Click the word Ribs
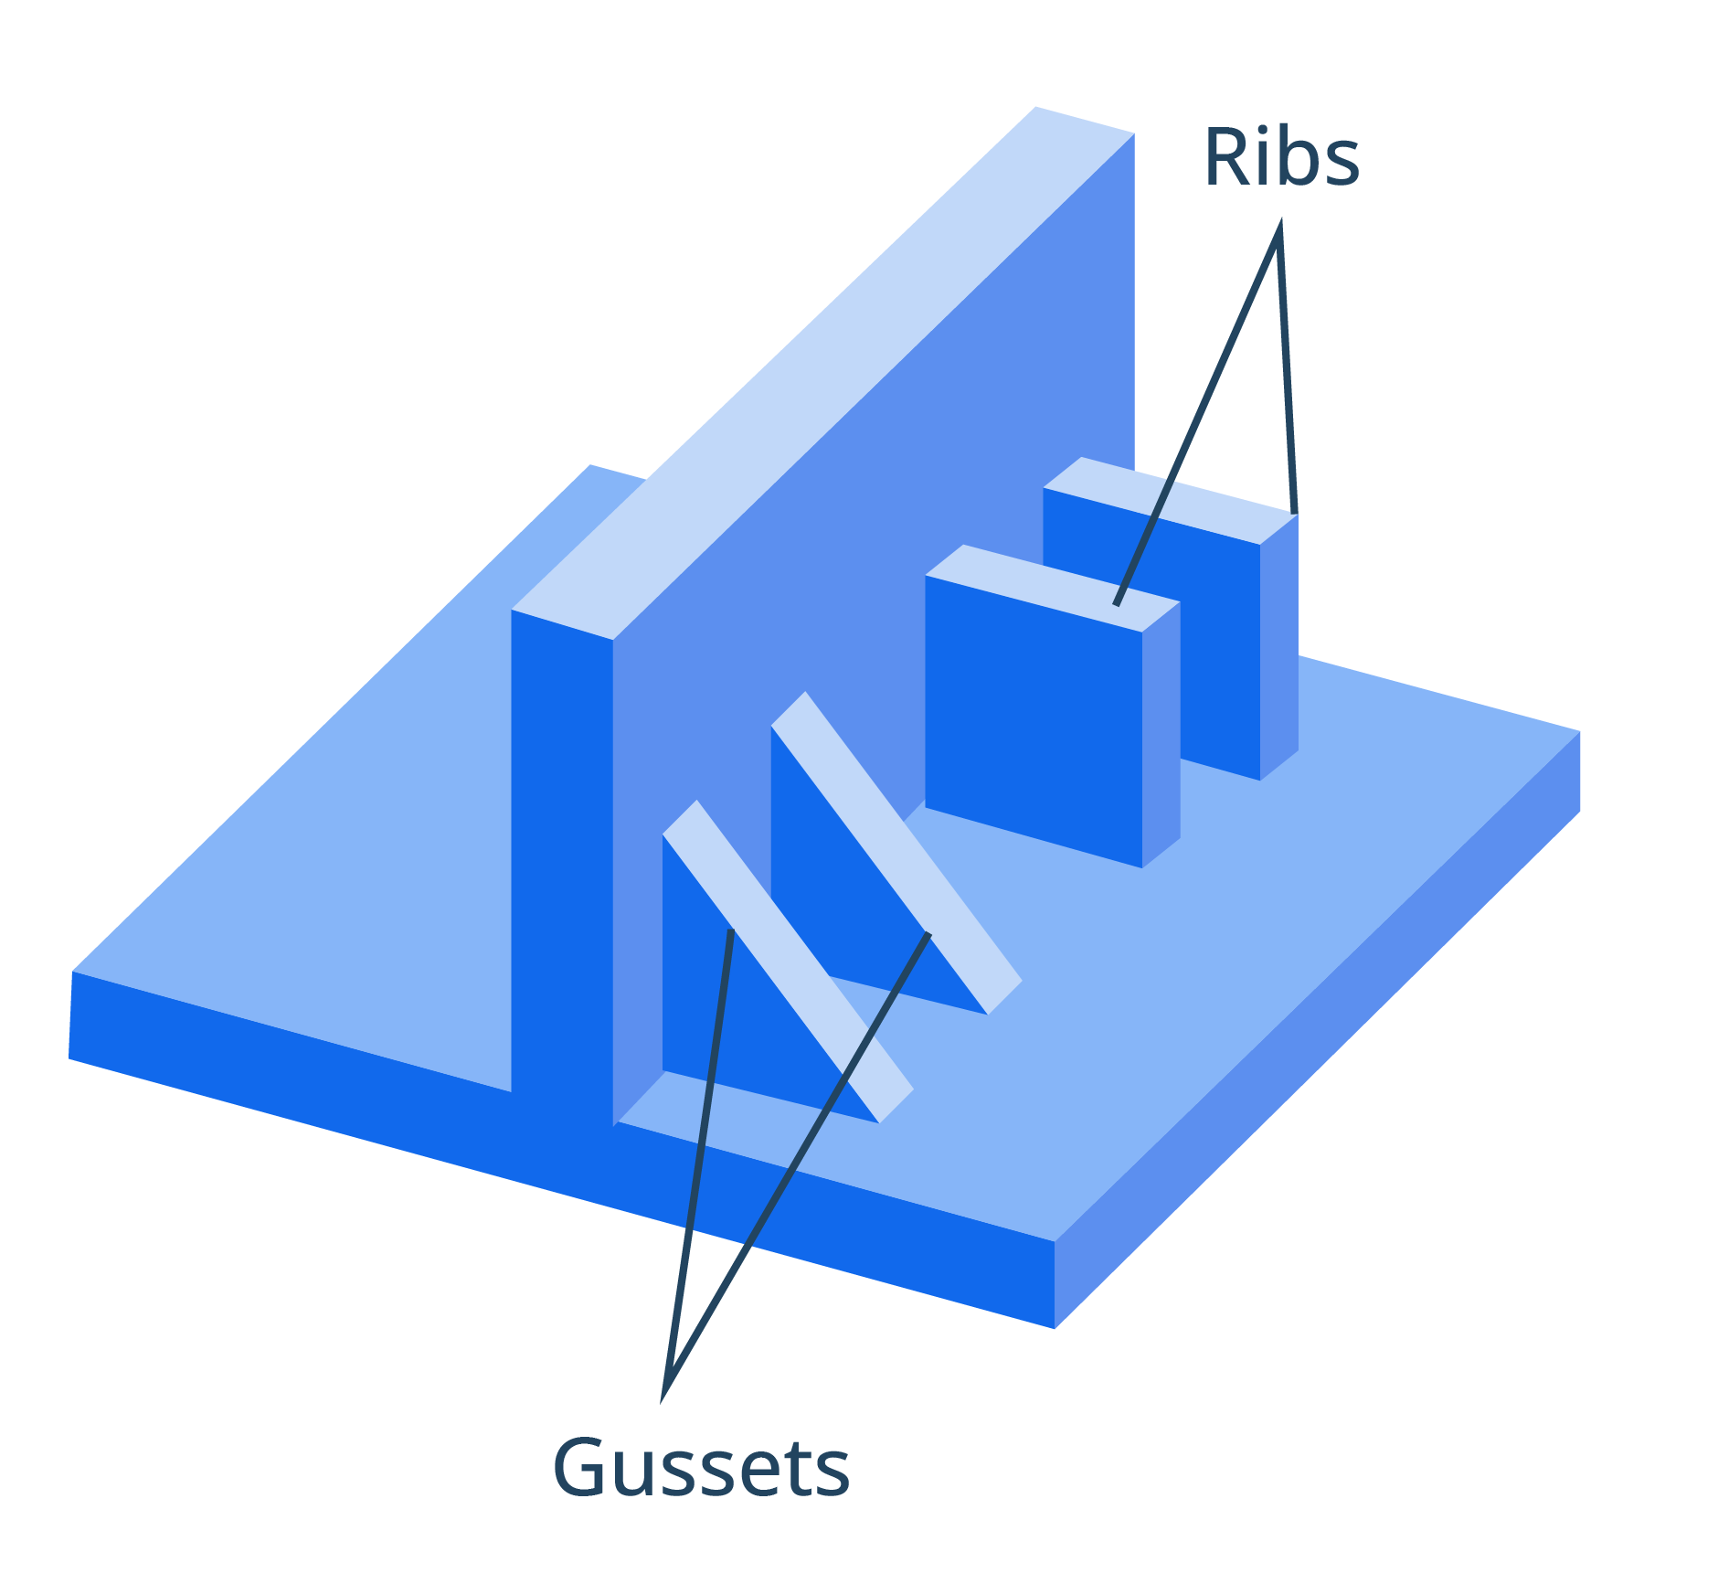[1281, 158]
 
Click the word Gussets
[701, 1467]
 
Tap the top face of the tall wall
[822, 366]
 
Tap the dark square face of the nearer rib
[1033, 722]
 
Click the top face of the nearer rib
[1051, 585]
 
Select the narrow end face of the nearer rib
[1161, 731]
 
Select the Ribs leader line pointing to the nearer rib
[1197, 411]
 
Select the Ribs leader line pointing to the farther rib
[1287, 366]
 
